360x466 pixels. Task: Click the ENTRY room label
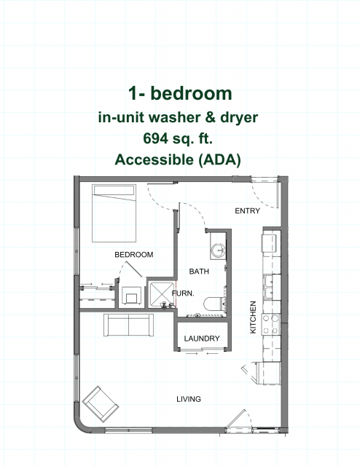coord(247,210)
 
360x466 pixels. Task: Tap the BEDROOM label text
coord(134,254)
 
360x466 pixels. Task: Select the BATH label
coord(199,271)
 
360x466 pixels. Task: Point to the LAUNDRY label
coord(202,338)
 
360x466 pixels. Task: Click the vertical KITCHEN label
coord(253,317)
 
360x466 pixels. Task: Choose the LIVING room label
coord(189,399)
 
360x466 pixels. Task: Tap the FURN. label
coord(183,293)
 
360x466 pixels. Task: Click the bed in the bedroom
coord(114,213)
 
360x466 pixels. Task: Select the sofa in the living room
coord(128,325)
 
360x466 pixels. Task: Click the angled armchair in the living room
coord(101,404)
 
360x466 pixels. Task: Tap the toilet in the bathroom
coord(214,304)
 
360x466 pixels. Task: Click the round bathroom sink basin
coord(218,250)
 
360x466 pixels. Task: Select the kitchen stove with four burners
coord(271,324)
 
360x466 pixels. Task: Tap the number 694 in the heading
coord(154,138)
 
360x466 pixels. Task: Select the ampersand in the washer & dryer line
coord(210,117)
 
